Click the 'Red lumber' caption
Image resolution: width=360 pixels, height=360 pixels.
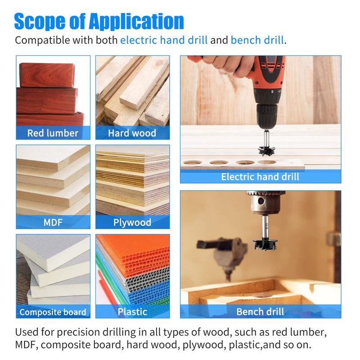(53, 133)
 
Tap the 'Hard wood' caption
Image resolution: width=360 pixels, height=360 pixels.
(132, 133)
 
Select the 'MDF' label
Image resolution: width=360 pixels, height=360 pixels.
(53, 222)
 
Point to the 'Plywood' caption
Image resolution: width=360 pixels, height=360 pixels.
(132, 223)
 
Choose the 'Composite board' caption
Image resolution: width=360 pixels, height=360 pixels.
(53, 312)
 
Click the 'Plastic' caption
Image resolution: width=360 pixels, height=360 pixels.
(132, 312)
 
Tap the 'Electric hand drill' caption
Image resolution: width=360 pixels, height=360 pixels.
(260, 177)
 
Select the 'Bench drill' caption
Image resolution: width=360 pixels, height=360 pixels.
(260, 312)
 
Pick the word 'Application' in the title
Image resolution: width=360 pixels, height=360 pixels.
(136, 22)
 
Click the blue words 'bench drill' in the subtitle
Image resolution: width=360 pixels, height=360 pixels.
(257, 40)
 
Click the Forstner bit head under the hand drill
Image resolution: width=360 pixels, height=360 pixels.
(266, 151)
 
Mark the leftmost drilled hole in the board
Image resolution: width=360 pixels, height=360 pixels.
(193, 162)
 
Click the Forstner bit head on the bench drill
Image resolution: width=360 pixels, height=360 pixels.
(265, 245)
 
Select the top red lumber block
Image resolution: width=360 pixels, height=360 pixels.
(47, 75)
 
